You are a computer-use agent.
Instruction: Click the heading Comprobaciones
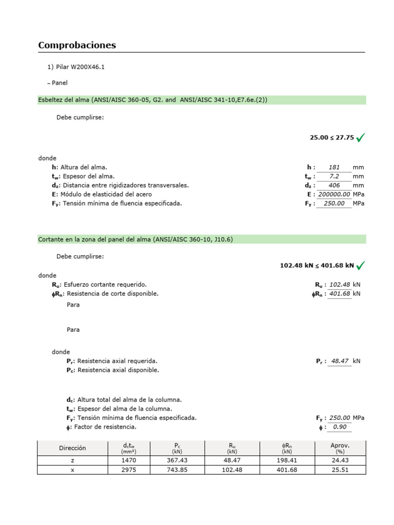(x=77, y=45)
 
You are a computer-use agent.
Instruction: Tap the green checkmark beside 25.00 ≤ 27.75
(x=361, y=137)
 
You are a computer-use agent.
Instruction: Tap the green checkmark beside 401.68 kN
(x=361, y=265)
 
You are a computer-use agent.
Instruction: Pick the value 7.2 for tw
(x=334, y=176)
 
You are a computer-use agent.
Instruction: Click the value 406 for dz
(x=334, y=186)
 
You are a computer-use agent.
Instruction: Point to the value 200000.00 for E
(x=334, y=194)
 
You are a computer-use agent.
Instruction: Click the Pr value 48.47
(x=340, y=361)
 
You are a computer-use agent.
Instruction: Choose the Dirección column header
(x=72, y=448)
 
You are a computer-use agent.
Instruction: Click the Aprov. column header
(x=340, y=448)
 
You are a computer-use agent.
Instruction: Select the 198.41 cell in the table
(x=286, y=461)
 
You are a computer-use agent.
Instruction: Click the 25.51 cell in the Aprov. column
(x=340, y=470)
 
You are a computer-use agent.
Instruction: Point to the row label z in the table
(x=72, y=461)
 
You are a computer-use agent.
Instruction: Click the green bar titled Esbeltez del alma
(x=202, y=100)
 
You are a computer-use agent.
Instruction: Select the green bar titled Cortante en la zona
(x=202, y=239)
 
